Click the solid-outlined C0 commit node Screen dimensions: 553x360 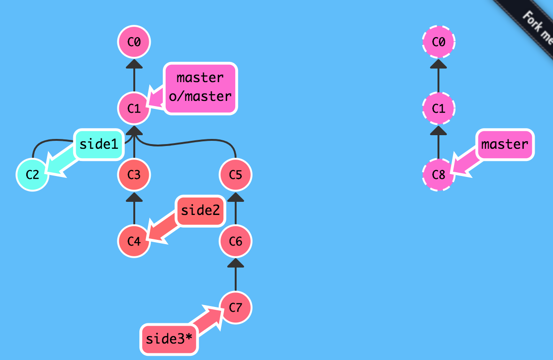click(134, 42)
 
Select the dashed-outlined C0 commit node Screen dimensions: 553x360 click(439, 42)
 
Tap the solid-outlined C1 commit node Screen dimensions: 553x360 click(134, 108)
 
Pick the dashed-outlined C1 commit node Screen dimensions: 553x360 click(439, 108)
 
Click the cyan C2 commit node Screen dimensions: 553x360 click(32, 175)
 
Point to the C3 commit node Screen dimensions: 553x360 click(134, 175)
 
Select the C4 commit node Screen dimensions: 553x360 click(134, 241)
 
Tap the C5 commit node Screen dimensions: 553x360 click(236, 175)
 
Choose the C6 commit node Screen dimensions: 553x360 click(236, 241)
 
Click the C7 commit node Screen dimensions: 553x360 click(236, 307)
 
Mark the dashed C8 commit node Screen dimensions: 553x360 click(439, 175)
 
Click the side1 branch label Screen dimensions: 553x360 click(99, 144)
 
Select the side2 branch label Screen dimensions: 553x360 click(200, 210)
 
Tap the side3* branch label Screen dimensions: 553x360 click(169, 339)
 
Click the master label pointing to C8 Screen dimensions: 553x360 click(505, 144)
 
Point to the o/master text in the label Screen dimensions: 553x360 click(200, 96)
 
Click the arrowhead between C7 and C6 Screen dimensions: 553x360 click(236, 263)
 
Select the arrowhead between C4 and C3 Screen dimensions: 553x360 click(134, 197)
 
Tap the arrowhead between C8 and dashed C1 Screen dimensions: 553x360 click(439, 130)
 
